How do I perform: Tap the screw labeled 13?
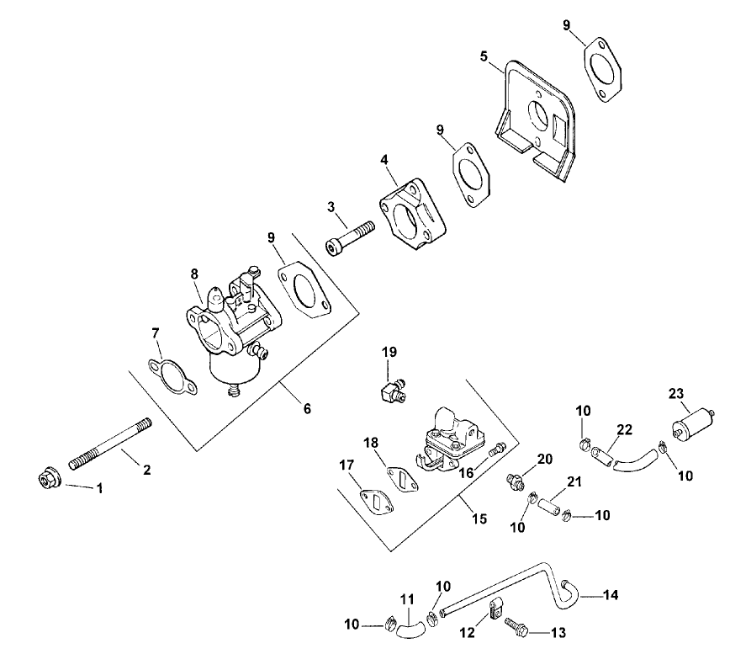(x=515, y=625)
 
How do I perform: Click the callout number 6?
(x=307, y=409)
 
